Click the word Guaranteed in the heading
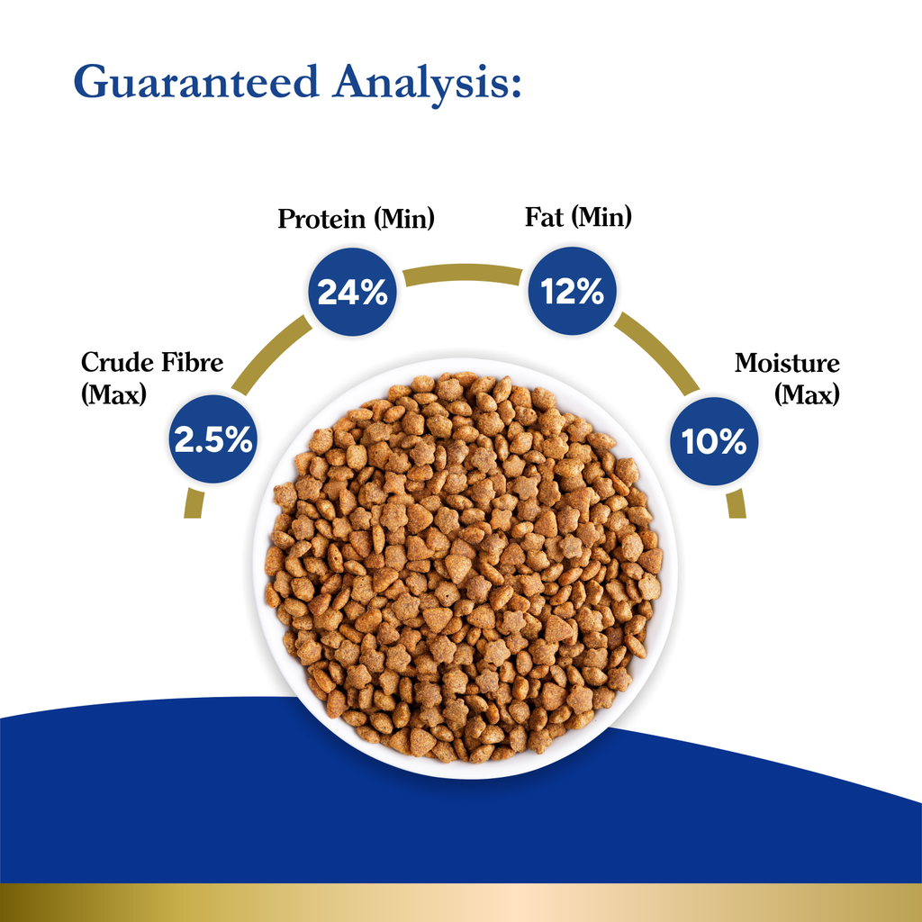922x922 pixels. [x=196, y=82]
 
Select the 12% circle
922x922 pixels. [x=572, y=292]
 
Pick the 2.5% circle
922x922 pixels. [x=213, y=439]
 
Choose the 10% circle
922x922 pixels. [x=714, y=441]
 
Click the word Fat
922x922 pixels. [x=545, y=217]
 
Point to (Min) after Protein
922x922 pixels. [x=405, y=219]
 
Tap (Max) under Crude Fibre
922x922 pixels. [x=113, y=394]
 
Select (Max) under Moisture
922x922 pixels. [x=808, y=394]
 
